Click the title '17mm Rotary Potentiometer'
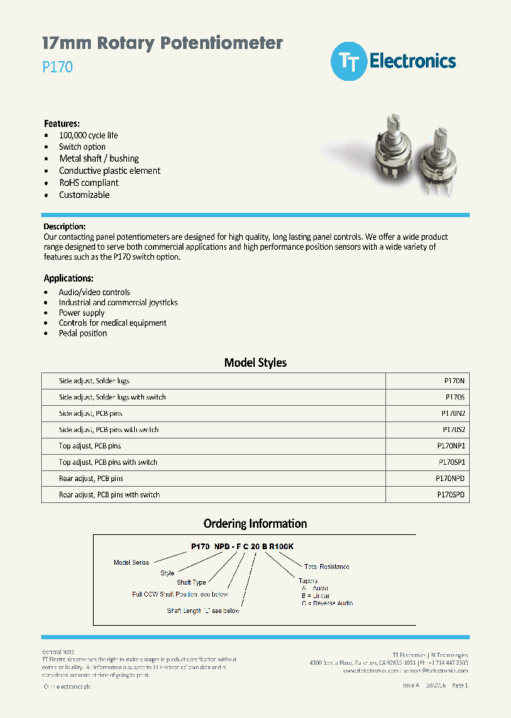coord(163,43)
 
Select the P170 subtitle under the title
coord(57,68)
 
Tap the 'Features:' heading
coord(62,123)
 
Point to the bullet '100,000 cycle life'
coord(88,135)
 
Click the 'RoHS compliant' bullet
coord(89,182)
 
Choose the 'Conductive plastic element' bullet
coord(109,170)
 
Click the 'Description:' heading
coord(65,226)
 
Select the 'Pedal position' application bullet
coord(82,333)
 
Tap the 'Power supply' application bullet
coord(82,312)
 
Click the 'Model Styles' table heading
coord(255,363)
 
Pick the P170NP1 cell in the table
coord(451,446)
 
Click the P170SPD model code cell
coord(451,495)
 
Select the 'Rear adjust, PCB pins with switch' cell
coord(109,495)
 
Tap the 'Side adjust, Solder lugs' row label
coord(94,381)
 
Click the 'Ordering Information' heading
coord(255,524)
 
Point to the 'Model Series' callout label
coord(131,562)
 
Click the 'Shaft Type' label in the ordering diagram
coord(192,582)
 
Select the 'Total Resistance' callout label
coord(326,567)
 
